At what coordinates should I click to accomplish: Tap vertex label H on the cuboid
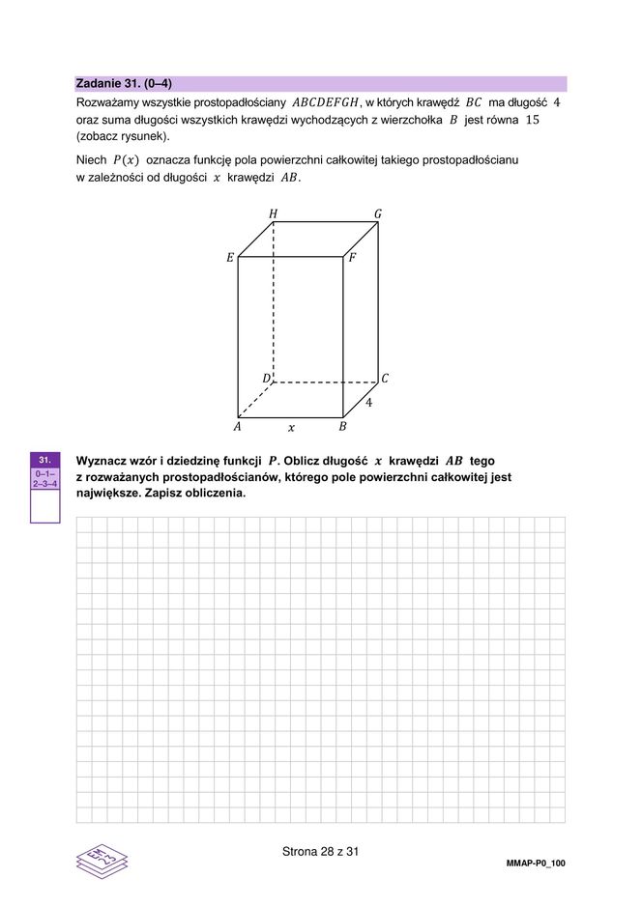(x=273, y=213)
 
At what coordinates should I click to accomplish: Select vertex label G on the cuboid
(x=378, y=213)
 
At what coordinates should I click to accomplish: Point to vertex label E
(x=230, y=258)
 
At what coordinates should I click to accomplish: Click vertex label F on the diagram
(x=353, y=258)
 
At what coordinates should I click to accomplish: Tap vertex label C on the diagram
(x=385, y=378)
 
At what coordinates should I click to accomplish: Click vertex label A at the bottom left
(x=237, y=426)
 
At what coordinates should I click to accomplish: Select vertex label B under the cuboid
(x=343, y=426)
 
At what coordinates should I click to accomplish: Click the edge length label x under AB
(x=291, y=427)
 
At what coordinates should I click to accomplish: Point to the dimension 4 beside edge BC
(x=368, y=401)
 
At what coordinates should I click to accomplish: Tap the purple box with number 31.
(x=44, y=460)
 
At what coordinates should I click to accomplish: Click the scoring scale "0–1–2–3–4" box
(x=44, y=478)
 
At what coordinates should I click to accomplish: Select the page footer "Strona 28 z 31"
(x=320, y=852)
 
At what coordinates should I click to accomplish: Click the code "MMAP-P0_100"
(x=535, y=863)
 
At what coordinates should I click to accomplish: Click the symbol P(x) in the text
(x=126, y=159)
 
